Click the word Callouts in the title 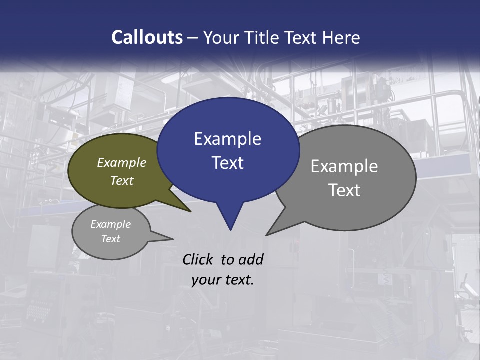point(147,37)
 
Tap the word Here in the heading point(341,37)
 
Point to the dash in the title point(192,38)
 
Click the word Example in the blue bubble point(227,138)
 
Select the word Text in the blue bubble point(227,162)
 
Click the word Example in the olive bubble point(122,162)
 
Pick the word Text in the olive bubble point(122,180)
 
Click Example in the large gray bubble point(344,166)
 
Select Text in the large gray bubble point(344,190)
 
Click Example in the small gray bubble point(110,224)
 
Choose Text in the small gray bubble point(110,239)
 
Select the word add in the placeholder point(250,259)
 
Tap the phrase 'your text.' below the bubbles point(223,280)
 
